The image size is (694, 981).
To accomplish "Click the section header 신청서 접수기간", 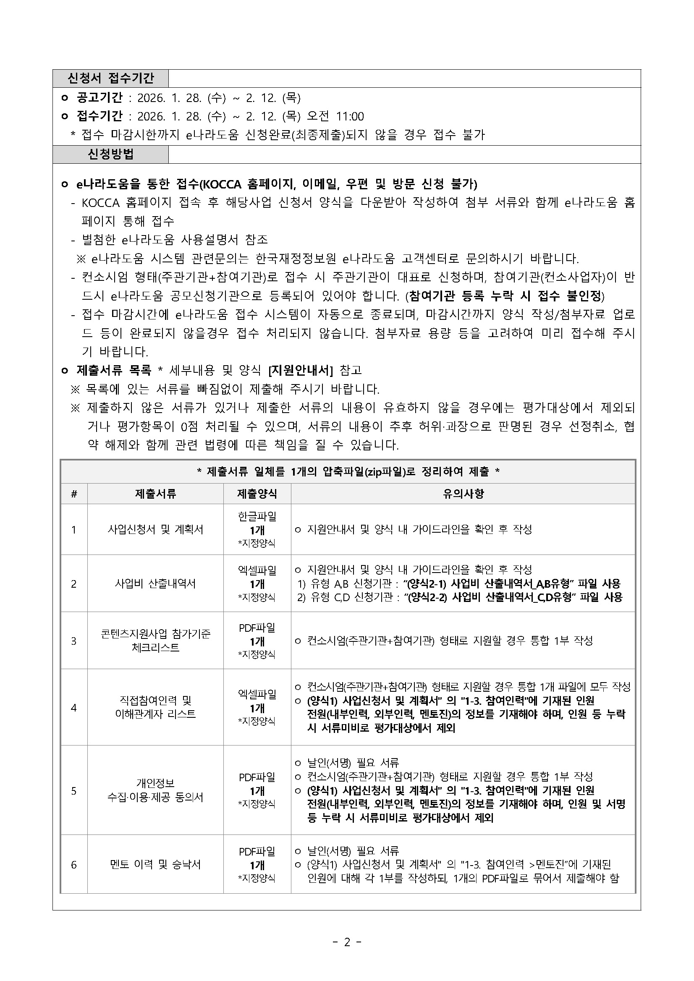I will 111,78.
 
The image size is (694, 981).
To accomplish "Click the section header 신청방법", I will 111,154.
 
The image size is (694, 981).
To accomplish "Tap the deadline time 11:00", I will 350,116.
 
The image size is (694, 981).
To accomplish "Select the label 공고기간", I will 100,98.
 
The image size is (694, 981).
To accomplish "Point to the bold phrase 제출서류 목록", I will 114,370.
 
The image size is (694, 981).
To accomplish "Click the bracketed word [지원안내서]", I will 300,370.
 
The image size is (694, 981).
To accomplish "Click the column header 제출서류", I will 155,494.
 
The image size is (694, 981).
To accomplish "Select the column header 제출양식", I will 257,494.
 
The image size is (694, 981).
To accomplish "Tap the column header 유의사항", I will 463,494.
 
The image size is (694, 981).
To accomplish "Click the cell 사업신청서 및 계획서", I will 155,529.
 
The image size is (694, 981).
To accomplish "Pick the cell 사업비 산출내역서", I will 155,583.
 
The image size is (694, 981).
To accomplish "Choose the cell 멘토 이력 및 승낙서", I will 155,865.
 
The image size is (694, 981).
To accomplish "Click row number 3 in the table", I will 74,641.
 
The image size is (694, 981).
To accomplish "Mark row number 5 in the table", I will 74,791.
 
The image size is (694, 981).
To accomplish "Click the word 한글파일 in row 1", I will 257,516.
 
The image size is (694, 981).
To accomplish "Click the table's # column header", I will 74,494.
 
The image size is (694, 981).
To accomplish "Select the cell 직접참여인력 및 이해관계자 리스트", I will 155,708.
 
